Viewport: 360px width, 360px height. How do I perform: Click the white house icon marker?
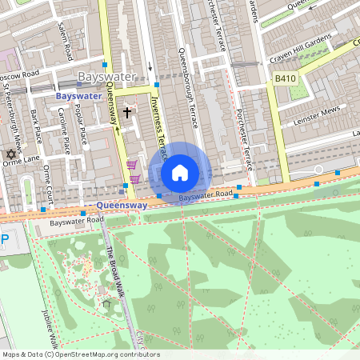point(180,172)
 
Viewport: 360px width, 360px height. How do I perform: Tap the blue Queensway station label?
point(122,205)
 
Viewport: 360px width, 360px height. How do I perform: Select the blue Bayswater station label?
point(79,96)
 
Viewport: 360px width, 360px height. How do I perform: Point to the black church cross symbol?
point(126,114)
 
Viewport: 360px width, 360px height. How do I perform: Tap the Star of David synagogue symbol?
point(11,154)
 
